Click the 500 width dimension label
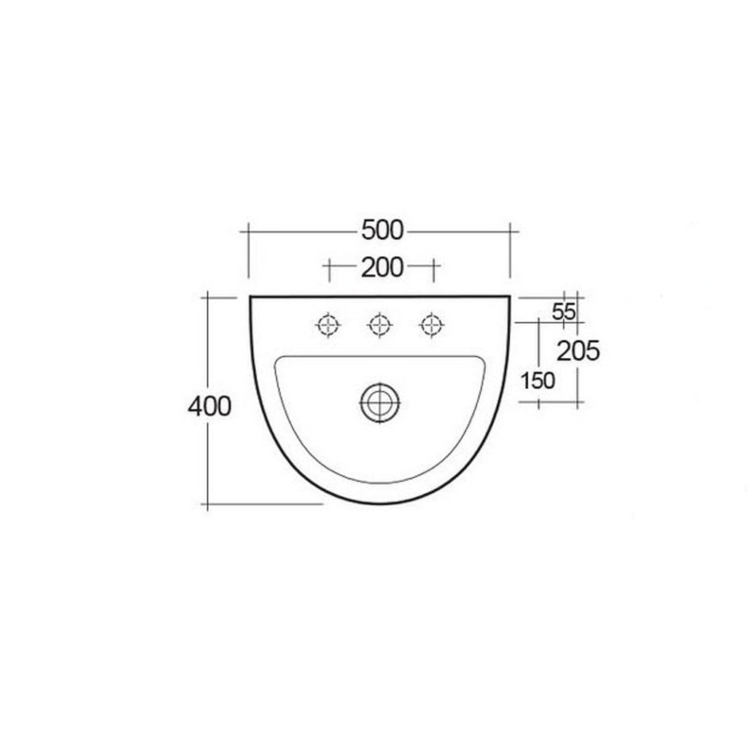pyautogui.click(x=382, y=230)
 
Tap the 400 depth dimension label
pyautogui.click(x=209, y=406)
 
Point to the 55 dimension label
pyautogui.click(x=563, y=311)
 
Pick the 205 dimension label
pyautogui.click(x=578, y=352)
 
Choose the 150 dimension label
pyautogui.click(x=538, y=380)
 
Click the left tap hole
pyautogui.click(x=328, y=324)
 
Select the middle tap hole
pyautogui.click(x=379, y=324)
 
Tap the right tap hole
pyautogui.click(x=432, y=324)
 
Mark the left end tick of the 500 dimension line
pyautogui.click(x=249, y=231)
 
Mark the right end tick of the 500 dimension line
pyautogui.click(x=510, y=231)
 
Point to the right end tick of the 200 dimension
pyautogui.click(x=433, y=268)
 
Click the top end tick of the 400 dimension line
pyautogui.click(x=209, y=298)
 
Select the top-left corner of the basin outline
pyautogui.click(x=250, y=296)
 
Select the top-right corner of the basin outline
pyautogui.click(x=509, y=296)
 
